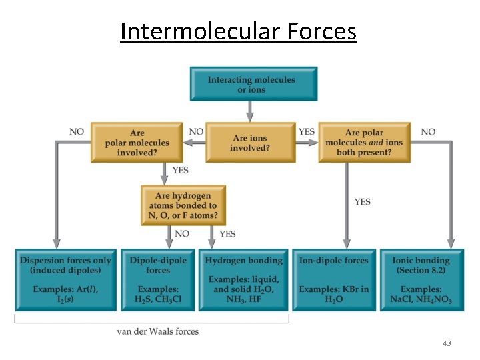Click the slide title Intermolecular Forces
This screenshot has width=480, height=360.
(239, 31)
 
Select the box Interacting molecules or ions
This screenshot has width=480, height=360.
(253, 84)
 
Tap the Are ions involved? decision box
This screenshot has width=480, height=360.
(250, 142)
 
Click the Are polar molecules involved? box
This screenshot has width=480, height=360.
(137, 142)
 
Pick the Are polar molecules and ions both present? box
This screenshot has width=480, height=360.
(364, 142)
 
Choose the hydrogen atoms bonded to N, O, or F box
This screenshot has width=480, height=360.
(183, 205)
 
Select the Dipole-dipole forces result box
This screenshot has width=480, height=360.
(158, 280)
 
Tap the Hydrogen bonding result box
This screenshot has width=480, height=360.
(243, 280)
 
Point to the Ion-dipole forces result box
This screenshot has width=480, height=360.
(334, 280)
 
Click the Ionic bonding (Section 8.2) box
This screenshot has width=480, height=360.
(421, 280)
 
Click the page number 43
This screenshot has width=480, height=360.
(446, 343)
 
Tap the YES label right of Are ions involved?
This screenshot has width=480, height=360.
(307, 132)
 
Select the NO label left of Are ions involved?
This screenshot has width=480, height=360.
(196, 132)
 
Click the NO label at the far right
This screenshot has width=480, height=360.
(428, 132)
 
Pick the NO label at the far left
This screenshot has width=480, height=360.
(77, 132)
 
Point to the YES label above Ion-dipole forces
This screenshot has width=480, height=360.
(362, 201)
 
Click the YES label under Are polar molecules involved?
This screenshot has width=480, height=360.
(180, 170)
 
